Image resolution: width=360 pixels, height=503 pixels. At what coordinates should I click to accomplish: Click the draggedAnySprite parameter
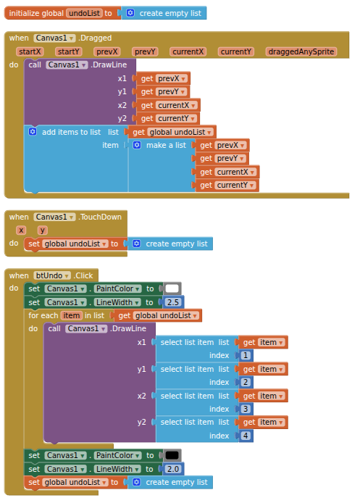[x=301, y=51]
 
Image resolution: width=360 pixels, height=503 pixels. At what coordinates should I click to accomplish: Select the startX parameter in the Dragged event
[x=30, y=51]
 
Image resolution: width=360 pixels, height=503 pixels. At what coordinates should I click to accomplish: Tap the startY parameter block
[x=68, y=51]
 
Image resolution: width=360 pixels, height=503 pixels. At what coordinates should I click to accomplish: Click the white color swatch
[x=172, y=288]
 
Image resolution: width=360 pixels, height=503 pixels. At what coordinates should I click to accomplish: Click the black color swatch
[x=172, y=455]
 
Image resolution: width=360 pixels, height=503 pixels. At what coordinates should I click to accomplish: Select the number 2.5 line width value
[x=173, y=302]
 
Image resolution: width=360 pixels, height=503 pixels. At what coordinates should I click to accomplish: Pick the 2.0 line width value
[x=173, y=469]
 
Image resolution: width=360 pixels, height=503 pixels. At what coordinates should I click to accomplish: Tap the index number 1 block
[x=246, y=355]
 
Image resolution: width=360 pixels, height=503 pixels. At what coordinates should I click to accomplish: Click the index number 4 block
[x=246, y=436]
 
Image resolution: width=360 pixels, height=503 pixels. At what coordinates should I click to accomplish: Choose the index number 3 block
[x=246, y=409]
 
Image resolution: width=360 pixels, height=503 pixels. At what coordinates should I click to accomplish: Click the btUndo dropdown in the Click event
[x=52, y=275]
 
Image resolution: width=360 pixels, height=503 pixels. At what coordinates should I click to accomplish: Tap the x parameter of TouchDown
[x=21, y=230]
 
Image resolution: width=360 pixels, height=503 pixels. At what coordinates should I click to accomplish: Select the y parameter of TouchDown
[x=42, y=230]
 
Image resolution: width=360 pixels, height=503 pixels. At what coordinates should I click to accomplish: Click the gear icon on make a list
[x=137, y=145]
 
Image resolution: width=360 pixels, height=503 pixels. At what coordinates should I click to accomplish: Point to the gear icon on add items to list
[x=33, y=132]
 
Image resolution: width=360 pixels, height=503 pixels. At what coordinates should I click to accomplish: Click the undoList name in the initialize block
[x=85, y=13]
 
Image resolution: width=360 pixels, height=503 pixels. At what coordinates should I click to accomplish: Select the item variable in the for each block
[x=71, y=316]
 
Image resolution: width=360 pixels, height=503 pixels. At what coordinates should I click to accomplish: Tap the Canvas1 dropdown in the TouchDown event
[x=54, y=217]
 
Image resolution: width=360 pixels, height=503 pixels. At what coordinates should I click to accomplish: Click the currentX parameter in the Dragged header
[x=188, y=51]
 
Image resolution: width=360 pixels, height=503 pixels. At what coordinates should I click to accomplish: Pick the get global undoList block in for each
[x=156, y=316]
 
